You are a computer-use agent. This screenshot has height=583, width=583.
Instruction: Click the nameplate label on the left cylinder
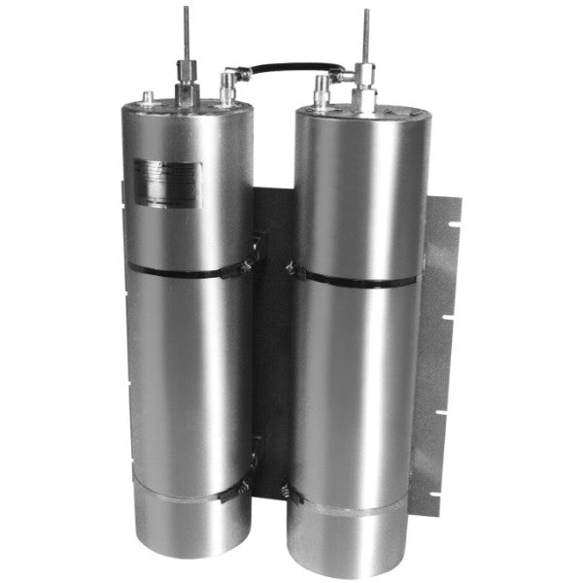[167, 182]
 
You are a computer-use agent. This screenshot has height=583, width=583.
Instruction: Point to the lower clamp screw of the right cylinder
[289, 493]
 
